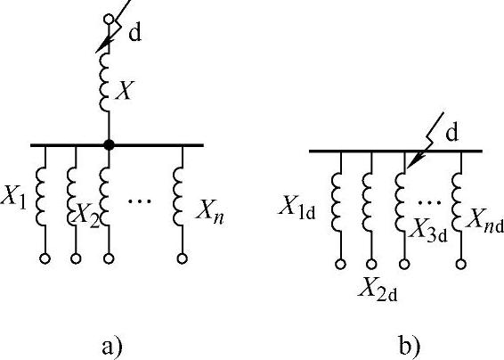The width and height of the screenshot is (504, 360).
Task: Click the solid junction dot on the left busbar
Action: [x=109, y=144]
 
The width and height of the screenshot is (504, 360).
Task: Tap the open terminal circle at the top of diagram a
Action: [x=109, y=20]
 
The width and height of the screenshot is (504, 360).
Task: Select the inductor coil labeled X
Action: [x=104, y=82]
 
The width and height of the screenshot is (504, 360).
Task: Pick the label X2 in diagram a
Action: [x=86, y=215]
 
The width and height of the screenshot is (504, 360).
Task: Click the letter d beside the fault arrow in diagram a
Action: [x=134, y=34]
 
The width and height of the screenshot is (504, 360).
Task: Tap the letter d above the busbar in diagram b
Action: [x=451, y=133]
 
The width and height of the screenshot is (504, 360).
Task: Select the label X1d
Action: [x=297, y=207]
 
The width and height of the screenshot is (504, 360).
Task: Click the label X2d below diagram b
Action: [x=378, y=289]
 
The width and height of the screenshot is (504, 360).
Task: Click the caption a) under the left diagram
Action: [x=112, y=347]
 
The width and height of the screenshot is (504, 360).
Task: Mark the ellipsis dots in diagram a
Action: [x=140, y=201]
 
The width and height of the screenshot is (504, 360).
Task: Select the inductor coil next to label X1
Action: [x=40, y=196]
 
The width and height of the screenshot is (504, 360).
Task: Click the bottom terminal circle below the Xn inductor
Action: [x=183, y=258]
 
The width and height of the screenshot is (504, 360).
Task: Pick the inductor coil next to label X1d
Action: [x=336, y=202]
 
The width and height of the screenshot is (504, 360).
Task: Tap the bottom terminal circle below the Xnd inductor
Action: [x=461, y=264]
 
